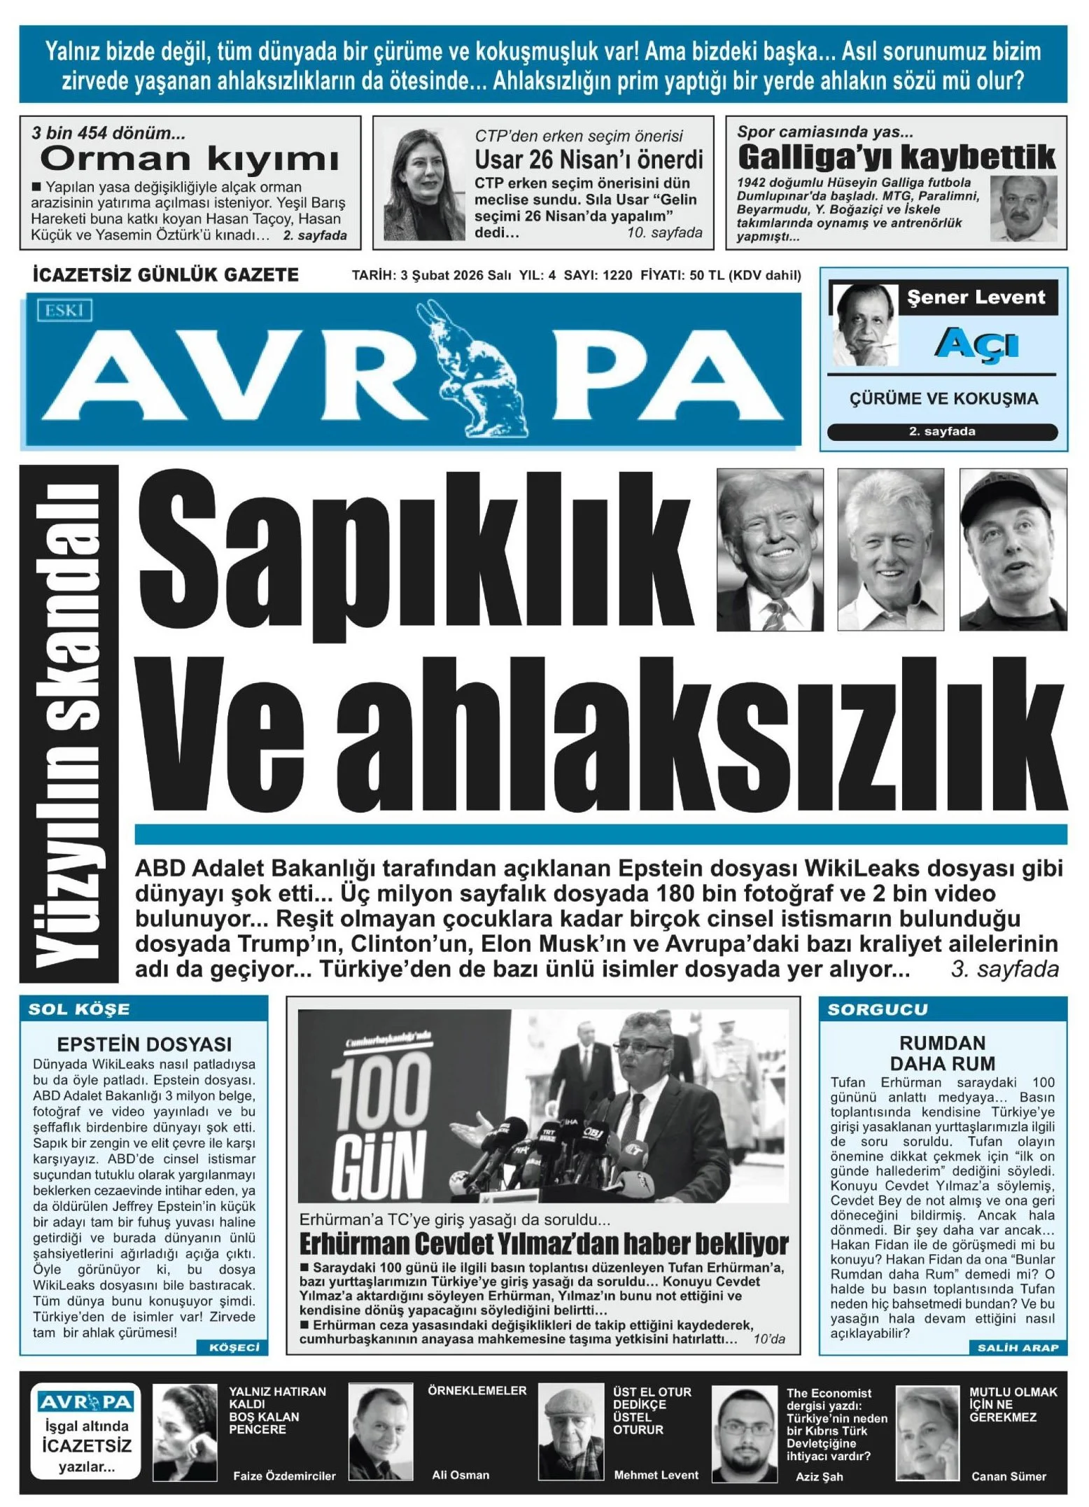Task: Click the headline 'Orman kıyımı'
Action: [x=189, y=160]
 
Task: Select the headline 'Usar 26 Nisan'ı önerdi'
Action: [x=589, y=160]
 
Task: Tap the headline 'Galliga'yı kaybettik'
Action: [x=896, y=157]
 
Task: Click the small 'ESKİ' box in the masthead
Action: [x=64, y=310]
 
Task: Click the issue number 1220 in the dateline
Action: [x=617, y=275]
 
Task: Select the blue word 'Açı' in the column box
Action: [x=976, y=344]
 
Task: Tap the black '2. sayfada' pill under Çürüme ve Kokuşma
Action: [x=942, y=432]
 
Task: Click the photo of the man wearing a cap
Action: [x=1013, y=549]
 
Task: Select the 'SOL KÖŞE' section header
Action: [x=79, y=1009]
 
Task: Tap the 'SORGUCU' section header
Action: [x=878, y=1009]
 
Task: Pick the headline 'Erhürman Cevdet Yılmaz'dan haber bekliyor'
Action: [x=543, y=1244]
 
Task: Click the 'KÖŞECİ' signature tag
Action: [x=234, y=1347]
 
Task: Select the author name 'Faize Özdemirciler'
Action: [x=284, y=1476]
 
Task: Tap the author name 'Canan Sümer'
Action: [x=1009, y=1476]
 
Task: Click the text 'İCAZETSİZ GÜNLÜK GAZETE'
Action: [x=166, y=274]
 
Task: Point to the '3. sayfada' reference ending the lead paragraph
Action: [x=1004, y=969]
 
